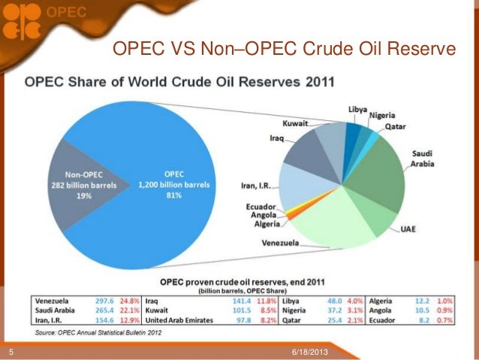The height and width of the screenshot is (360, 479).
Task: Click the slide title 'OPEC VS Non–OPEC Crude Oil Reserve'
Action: point(284,50)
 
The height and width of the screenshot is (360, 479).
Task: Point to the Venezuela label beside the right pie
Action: point(280,243)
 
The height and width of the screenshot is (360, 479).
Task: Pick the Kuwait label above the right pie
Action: point(294,123)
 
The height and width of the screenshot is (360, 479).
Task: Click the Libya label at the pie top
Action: point(357,110)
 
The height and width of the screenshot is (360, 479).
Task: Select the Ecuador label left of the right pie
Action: point(262,206)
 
